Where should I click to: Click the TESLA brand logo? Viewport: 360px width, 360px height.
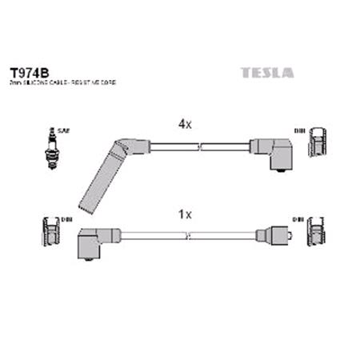coord(266,73)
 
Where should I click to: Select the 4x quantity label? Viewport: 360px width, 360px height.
coord(185,124)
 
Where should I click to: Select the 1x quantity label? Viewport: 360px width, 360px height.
coord(185,214)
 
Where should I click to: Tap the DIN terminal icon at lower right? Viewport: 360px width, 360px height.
coord(318,232)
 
